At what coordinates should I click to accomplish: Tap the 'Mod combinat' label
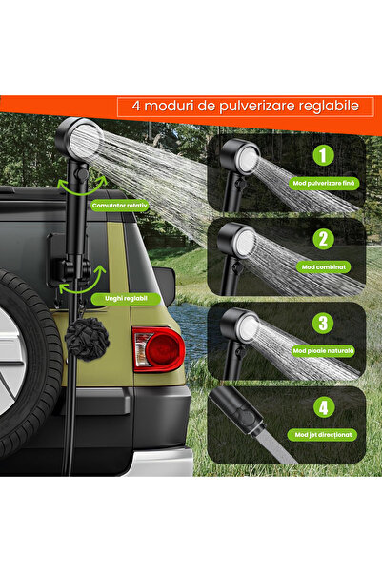pos(321,268)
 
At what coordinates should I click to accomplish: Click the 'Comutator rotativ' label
pos(118,205)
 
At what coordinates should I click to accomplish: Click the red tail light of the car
pos(157,349)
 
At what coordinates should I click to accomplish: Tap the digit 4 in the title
pos(136,106)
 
